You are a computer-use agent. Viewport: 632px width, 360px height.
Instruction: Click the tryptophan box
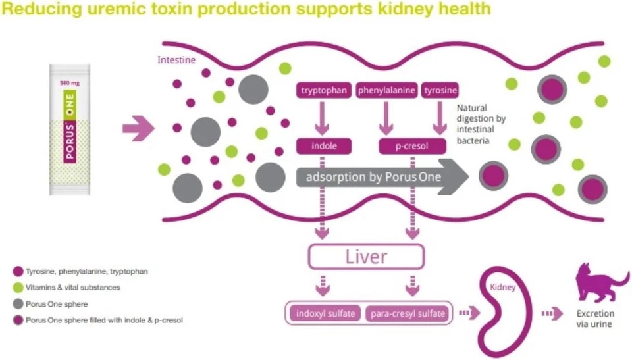coord(323,91)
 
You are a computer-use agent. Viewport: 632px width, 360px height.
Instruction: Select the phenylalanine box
coord(386,91)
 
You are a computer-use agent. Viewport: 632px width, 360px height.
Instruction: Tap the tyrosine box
coord(440,91)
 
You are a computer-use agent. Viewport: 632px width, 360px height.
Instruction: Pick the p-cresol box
coord(412,146)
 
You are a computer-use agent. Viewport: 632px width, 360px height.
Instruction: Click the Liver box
coord(367,256)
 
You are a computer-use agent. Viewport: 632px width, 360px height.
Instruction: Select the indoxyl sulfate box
coord(323,313)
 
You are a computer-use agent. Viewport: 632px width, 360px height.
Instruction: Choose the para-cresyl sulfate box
coord(406,313)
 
